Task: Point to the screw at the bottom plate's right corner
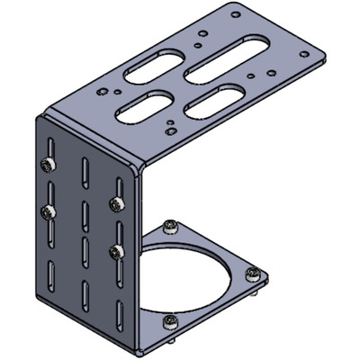click(x=256, y=274)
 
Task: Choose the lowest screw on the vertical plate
click(x=114, y=251)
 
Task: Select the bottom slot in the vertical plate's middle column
click(x=85, y=293)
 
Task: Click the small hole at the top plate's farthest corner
click(x=235, y=15)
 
